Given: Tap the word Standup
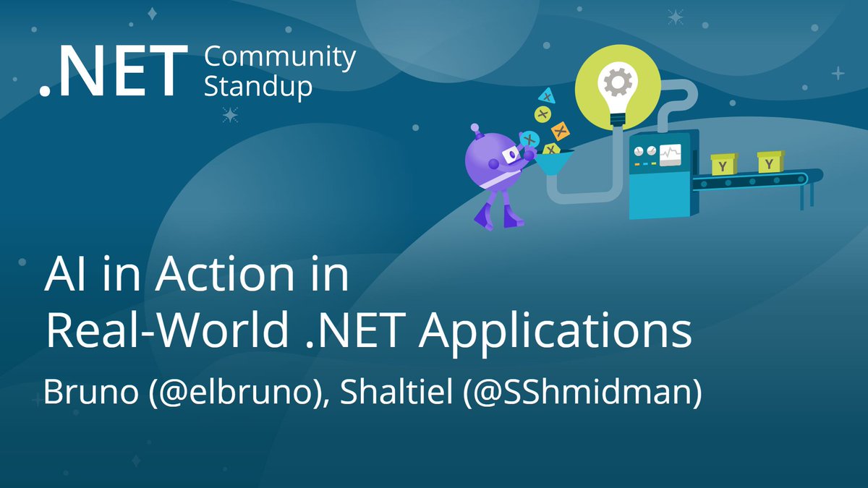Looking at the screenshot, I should [x=258, y=86].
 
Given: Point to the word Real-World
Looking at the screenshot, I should [x=158, y=333].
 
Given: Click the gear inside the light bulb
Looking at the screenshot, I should [x=618, y=84].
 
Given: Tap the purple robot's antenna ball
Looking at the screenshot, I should [x=477, y=129].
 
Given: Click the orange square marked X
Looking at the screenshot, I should [x=559, y=131].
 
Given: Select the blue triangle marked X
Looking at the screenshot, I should [x=548, y=95].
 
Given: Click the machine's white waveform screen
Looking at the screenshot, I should [x=670, y=154].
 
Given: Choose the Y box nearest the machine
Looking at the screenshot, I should [x=723, y=164].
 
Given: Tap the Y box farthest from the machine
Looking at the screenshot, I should [x=770, y=161].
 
